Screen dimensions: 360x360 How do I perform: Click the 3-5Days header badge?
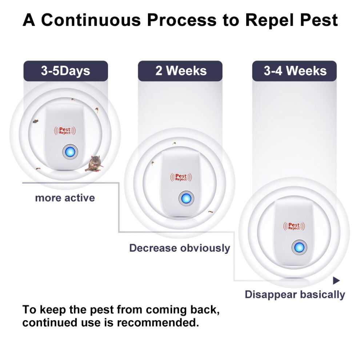pos(66,71)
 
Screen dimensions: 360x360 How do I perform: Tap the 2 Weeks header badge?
pos(180,71)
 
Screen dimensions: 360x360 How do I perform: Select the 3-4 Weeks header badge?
pos(295,71)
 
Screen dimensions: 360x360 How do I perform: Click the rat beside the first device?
pos(94,164)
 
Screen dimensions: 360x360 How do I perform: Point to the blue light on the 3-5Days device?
pos(70,152)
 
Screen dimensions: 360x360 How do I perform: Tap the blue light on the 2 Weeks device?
pos(186,199)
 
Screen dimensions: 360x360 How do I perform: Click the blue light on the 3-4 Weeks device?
pos(299,248)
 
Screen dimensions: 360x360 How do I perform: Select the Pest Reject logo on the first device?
pos(65,131)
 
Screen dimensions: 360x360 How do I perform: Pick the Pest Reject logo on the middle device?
pos(181,177)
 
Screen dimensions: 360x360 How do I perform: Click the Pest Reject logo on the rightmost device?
pos(294,226)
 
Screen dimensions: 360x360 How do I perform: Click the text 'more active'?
pos(65,198)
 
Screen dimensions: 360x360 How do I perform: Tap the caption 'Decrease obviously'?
pos(180,248)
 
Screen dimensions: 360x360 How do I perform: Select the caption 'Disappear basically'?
pos(295,295)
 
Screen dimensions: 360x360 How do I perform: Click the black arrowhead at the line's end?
pos(336,280)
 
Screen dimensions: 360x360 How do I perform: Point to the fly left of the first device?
pos(35,121)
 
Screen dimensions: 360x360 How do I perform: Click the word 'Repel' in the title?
pos(270,20)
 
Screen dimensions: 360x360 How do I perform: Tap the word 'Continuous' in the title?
pos(91,20)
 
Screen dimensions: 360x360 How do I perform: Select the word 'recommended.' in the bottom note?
pos(158,323)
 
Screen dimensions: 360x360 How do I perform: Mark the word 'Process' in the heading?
pos(182,20)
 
